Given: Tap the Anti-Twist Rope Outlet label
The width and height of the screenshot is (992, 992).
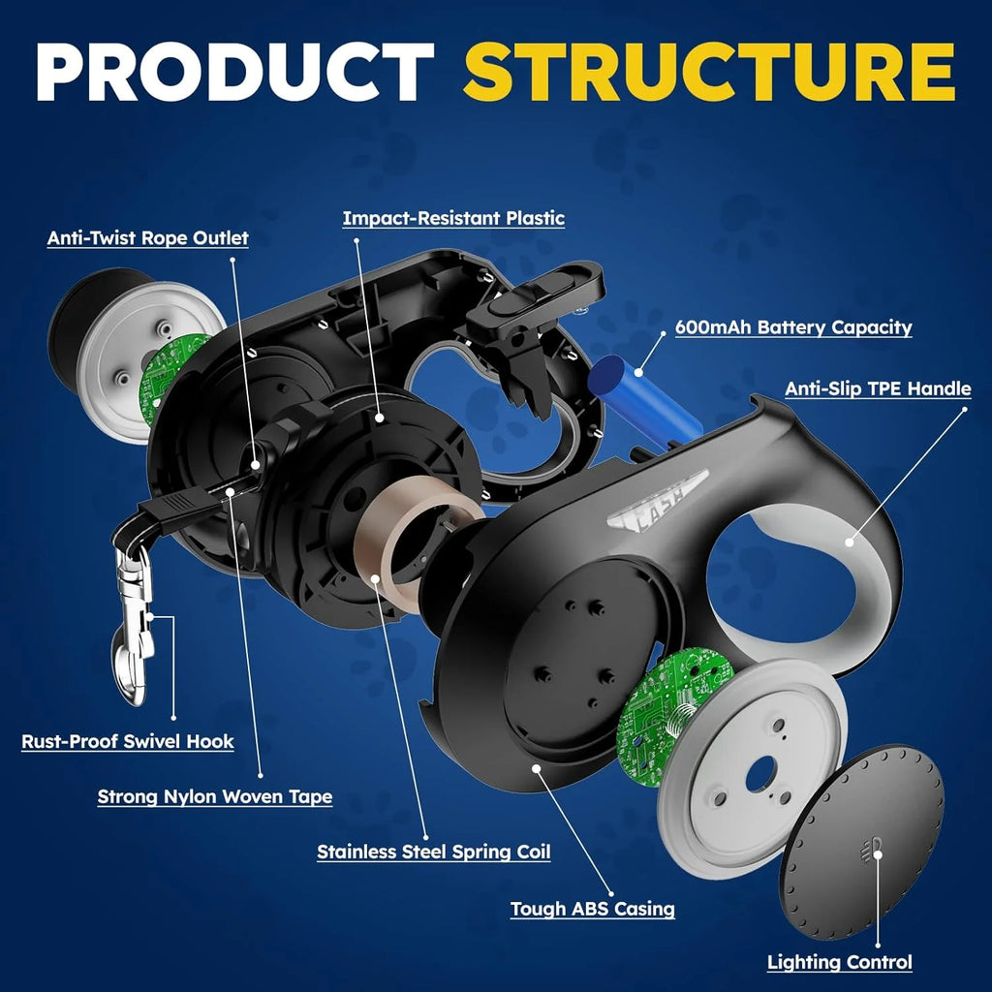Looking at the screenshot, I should [148, 237].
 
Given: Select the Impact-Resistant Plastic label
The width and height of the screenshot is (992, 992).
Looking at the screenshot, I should [453, 218].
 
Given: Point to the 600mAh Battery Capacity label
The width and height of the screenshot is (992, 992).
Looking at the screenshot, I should [793, 327].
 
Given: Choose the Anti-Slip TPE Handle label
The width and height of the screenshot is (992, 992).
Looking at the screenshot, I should [878, 388].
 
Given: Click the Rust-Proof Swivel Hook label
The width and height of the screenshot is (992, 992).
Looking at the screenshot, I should [128, 742].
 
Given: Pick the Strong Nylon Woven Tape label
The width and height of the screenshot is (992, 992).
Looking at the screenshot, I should [215, 797].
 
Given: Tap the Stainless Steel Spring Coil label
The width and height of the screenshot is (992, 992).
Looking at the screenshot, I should [434, 852].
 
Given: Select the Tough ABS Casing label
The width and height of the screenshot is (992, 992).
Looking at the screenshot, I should [593, 910].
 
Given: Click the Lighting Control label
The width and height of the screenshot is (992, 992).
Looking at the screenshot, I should [840, 963].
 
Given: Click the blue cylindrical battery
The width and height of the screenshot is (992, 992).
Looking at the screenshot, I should [645, 397].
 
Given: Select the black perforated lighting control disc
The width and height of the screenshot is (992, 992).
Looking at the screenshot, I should [861, 841].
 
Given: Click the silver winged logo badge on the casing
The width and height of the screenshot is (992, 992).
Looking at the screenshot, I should [659, 498].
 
